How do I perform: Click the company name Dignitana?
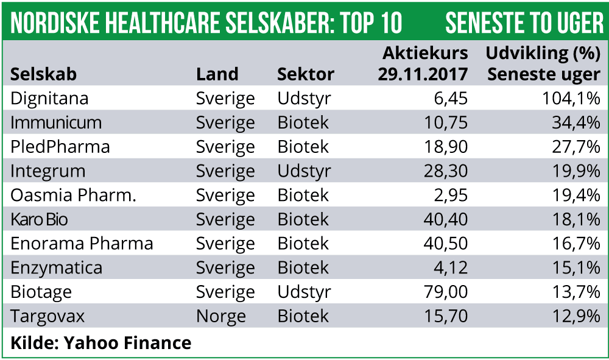pyautogui.click(x=49, y=99)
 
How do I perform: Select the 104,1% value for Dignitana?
pyautogui.click(x=571, y=99)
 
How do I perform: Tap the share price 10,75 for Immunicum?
pyautogui.click(x=445, y=122)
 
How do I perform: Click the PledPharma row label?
pyautogui.click(x=60, y=147)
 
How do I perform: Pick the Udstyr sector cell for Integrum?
pyautogui.click(x=304, y=171)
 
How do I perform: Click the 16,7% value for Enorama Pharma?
pyautogui.click(x=575, y=244)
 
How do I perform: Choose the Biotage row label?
pyautogui.click(x=41, y=292)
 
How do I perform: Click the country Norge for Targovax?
pyautogui.click(x=220, y=317)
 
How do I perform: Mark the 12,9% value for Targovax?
pyautogui.click(x=575, y=316)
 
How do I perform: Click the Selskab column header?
pyautogui.click(x=43, y=74)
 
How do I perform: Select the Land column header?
pyautogui.click(x=217, y=74)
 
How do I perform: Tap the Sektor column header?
pyautogui.click(x=306, y=74)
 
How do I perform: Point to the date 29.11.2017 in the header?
pyautogui.click(x=423, y=74)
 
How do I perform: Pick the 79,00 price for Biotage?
pyautogui.click(x=445, y=292)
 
